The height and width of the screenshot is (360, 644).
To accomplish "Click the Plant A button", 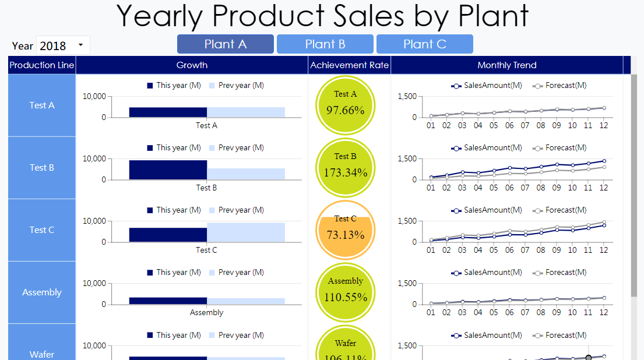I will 226,44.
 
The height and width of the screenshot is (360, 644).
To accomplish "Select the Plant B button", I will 325,44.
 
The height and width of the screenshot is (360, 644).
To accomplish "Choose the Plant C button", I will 424,44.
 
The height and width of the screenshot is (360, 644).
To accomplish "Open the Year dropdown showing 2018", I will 63,45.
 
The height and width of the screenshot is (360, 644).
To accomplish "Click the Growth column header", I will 192,65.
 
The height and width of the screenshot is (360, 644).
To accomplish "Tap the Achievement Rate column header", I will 349,65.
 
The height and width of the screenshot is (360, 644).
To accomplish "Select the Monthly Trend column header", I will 506,65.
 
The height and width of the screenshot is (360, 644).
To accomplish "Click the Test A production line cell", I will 42,105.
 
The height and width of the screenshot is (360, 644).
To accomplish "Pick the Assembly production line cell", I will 42,292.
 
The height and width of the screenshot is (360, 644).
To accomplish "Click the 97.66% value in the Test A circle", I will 345,110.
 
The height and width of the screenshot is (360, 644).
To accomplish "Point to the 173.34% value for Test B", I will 345,172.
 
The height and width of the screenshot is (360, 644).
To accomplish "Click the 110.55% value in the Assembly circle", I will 345,297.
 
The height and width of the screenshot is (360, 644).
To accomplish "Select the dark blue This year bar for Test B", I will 168,170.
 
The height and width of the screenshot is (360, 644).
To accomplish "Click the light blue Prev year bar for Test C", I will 246,232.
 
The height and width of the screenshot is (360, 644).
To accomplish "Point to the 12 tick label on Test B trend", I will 604,188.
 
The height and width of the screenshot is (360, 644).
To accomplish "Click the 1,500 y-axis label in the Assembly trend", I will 407,284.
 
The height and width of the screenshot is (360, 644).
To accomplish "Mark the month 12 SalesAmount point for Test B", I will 604,161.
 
